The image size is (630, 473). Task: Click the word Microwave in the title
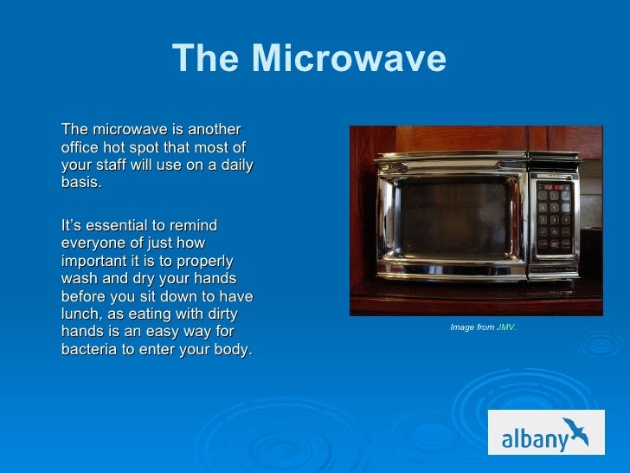point(349,60)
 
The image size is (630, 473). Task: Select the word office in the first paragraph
point(81,147)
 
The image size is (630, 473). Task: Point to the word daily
point(235,165)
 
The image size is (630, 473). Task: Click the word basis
point(81,183)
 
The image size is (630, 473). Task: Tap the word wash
point(79,279)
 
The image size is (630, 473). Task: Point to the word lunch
point(80,314)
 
